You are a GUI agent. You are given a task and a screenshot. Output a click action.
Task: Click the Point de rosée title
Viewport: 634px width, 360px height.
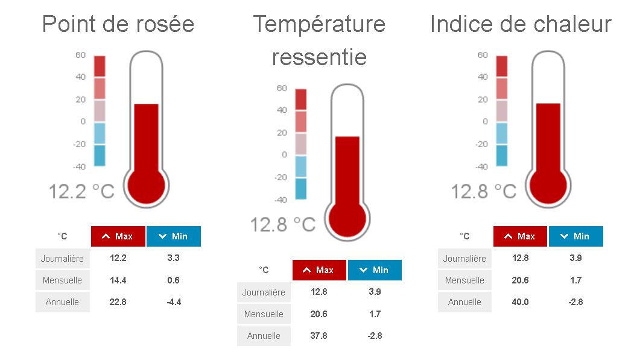coord(118,24)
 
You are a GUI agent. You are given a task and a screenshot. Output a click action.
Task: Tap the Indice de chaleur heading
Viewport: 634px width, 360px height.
coord(521,24)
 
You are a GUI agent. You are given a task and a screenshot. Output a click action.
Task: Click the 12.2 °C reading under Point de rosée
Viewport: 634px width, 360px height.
coord(81,191)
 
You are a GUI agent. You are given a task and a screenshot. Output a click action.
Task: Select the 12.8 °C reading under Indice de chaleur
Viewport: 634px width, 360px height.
coord(484,191)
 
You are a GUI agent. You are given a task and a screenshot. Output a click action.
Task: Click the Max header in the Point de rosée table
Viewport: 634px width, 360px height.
coord(118,236)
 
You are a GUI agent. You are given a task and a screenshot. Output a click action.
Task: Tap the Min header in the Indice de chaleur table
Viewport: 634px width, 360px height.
coord(575,236)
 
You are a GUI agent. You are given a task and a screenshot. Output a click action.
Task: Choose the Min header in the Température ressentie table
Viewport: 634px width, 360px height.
coord(375,270)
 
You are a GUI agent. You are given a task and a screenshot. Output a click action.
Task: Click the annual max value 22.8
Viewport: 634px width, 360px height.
coord(118,302)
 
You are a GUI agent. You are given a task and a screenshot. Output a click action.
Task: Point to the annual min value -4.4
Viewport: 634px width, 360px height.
coord(174,302)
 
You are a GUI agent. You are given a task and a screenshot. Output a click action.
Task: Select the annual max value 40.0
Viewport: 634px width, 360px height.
coord(520,302)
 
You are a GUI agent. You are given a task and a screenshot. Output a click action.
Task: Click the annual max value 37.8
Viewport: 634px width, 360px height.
coord(319,335)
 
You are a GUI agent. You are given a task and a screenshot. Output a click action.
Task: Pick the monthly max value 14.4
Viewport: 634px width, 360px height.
coord(118,280)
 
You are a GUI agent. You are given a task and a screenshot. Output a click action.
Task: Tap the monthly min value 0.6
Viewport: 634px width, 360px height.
coord(174,280)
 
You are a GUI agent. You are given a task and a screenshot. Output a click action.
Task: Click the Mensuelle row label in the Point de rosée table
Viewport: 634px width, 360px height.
coord(62,280)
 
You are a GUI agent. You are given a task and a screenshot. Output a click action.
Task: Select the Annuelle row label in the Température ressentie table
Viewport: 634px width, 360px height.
coord(264,336)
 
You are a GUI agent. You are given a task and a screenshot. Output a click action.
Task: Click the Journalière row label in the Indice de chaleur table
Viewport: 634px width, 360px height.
coord(464,259)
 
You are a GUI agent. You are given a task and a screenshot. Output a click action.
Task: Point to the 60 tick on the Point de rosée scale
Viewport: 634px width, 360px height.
coord(80,55)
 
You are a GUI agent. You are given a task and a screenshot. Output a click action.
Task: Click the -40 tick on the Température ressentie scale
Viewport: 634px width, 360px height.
coord(281,200)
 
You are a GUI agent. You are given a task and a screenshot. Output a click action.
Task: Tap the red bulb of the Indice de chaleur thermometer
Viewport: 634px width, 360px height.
coord(548,186)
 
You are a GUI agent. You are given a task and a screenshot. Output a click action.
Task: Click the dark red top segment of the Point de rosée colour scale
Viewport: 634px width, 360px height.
coord(100,66)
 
